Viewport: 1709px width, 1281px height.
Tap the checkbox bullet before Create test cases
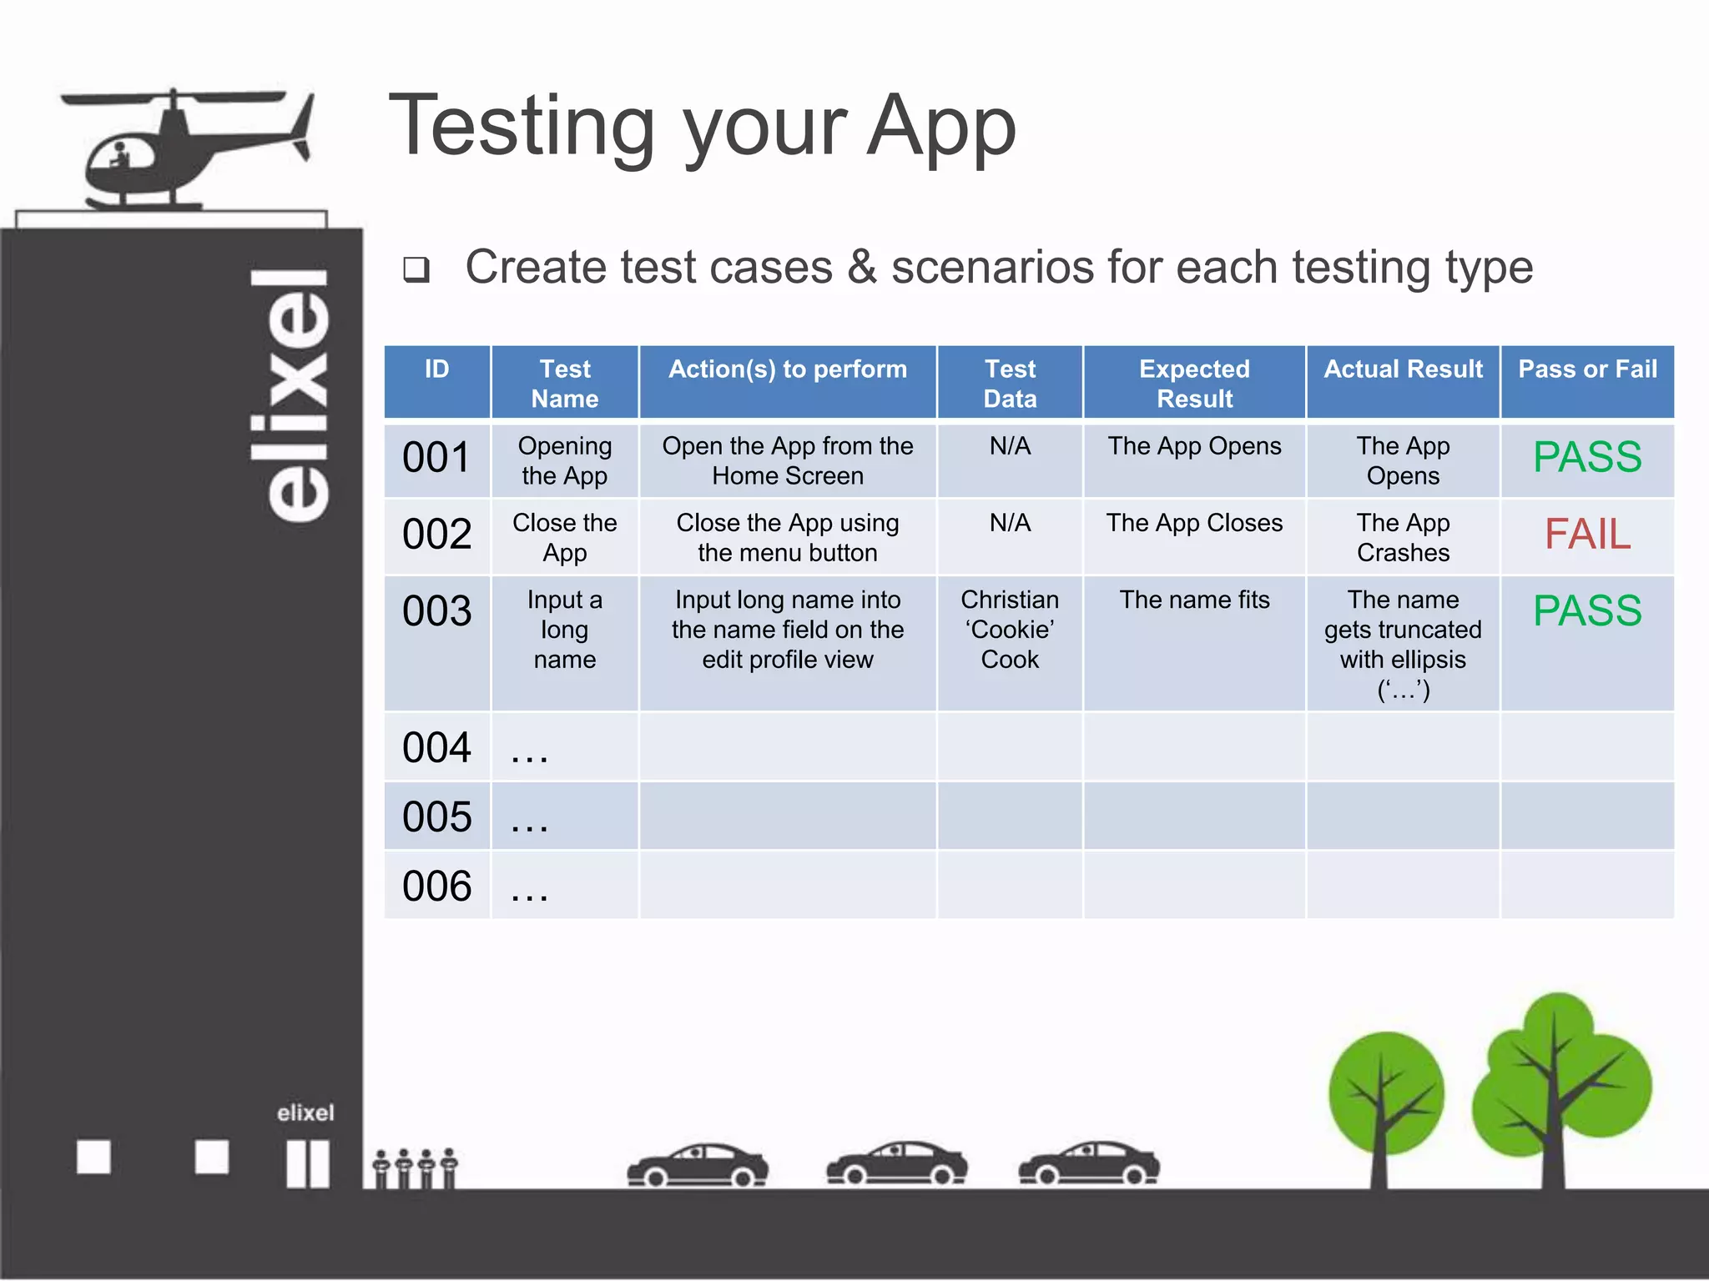click(x=416, y=269)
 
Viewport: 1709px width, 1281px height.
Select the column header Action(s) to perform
click(x=787, y=369)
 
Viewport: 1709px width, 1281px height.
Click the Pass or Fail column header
click(x=1587, y=369)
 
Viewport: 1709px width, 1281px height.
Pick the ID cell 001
click(x=436, y=459)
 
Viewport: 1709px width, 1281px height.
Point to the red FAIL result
click(x=1587, y=535)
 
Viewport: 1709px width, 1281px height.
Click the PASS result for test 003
click(x=1587, y=611)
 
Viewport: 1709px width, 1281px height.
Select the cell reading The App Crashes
click(x=1403, y=538)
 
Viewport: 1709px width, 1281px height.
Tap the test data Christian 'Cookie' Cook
click(x=1010, y=630)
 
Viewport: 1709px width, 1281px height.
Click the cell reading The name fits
click(x=1194, y=600)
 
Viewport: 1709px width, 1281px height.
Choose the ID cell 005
click(x=436, y=817)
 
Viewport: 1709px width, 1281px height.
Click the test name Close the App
click(x=565, y=538)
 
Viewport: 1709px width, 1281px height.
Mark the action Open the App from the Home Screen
click(x=787, y=461)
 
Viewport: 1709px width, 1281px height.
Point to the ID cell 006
click(x=436, y=887)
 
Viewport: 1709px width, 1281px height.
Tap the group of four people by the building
click(x=415, y=1168)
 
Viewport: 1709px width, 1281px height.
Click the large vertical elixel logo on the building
click(x=290, y=396)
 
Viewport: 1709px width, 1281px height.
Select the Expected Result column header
click(x=1194, y=384)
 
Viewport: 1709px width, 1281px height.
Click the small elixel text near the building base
click(x=305, y=1113)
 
